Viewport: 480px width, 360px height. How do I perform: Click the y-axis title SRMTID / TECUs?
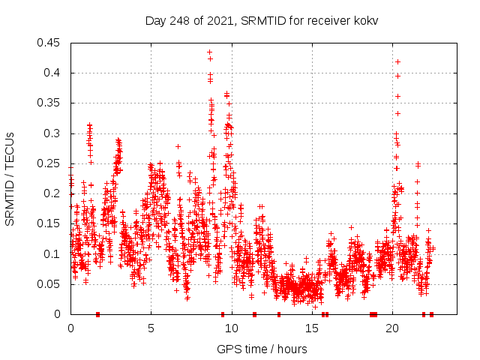pyautogui.click(x=10, y=178)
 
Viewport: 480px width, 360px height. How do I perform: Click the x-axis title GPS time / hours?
pyautogui.click(x=262, y=349)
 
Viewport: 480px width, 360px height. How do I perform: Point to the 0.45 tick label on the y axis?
pyautogui.click(x=49, y=43)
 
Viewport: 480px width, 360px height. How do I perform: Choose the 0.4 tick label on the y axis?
pyautogui.click(x=52, y=73)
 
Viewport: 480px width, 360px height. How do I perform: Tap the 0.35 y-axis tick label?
pyautogui.click(x=49, y=103)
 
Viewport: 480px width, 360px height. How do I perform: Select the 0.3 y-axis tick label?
pyautogui.click(x=52, y=133)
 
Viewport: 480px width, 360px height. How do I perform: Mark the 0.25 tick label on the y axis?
pyautogui.click(x=49, y=163)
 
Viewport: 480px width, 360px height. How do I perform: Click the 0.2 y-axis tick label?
pyautogui.click(x=52, y=193)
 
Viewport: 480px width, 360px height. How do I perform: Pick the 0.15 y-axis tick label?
pyautogui.click(x=49, y=224)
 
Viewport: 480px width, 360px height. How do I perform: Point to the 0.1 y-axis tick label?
pyautogui.click(x=52, y=254)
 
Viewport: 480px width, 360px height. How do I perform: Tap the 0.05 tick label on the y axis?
pyautogui.click(x=49, y=284)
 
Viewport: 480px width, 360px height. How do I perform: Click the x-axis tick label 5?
pyautogui.click(x=151, y=328)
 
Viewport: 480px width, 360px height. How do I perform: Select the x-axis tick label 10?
pyautogui.click(x=232, y=328)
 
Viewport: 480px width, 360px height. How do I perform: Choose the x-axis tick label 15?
pyautogui.click(x=312, y=328)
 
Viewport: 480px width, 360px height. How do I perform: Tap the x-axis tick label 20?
pyautogui.click(x=392, y=328)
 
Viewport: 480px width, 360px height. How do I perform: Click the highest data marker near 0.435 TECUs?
pyautogui.click(x=209, y=52)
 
